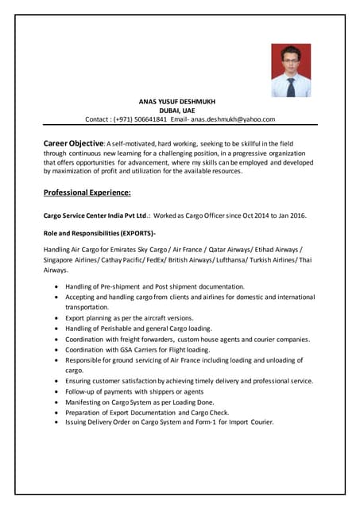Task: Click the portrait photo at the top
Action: pyautogui.click(x=291, y=71)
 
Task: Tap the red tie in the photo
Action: pyautogui.click(x=291, y=85)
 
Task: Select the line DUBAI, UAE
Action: pyautogui.click(x=177, y=111)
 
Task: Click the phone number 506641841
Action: pyautogui.click(x=151, y=119)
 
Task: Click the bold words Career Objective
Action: pyautogui.click(x=72, y=142)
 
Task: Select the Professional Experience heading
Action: pyautogui.click(x=87, y=192)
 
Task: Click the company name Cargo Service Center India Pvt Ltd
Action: pyautogui.click(x=95, y=216)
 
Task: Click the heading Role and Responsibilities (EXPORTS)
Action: pyautogui.click(x=99, y=233)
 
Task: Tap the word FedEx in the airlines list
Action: pyautogui.click(x=171, y=260)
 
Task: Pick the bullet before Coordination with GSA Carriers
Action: pyautogui.click(x=55, y=350)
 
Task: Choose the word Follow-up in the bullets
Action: pyautogui.click(x=83, y=392)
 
